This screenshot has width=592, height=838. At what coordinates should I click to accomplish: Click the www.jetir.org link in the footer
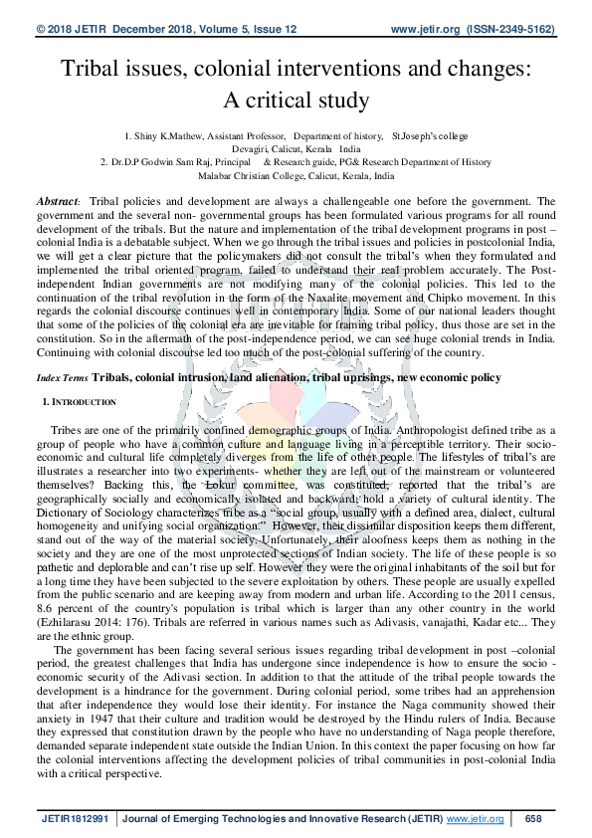pyautogui.click(x=475, y=819)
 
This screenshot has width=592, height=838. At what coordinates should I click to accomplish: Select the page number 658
pyautogui.click(x=532, y=819)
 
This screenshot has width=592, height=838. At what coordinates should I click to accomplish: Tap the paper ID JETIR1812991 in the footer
pyautogui.click(x=78, y=819)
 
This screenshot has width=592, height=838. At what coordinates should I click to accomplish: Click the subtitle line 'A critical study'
pyautogui.click(x=296, y=100)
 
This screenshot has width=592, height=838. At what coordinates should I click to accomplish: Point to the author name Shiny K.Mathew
pyautogui.click(x=162, y=134)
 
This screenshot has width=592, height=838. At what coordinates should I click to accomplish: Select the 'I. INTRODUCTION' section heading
pyautogui.click(x=80, y=402)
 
